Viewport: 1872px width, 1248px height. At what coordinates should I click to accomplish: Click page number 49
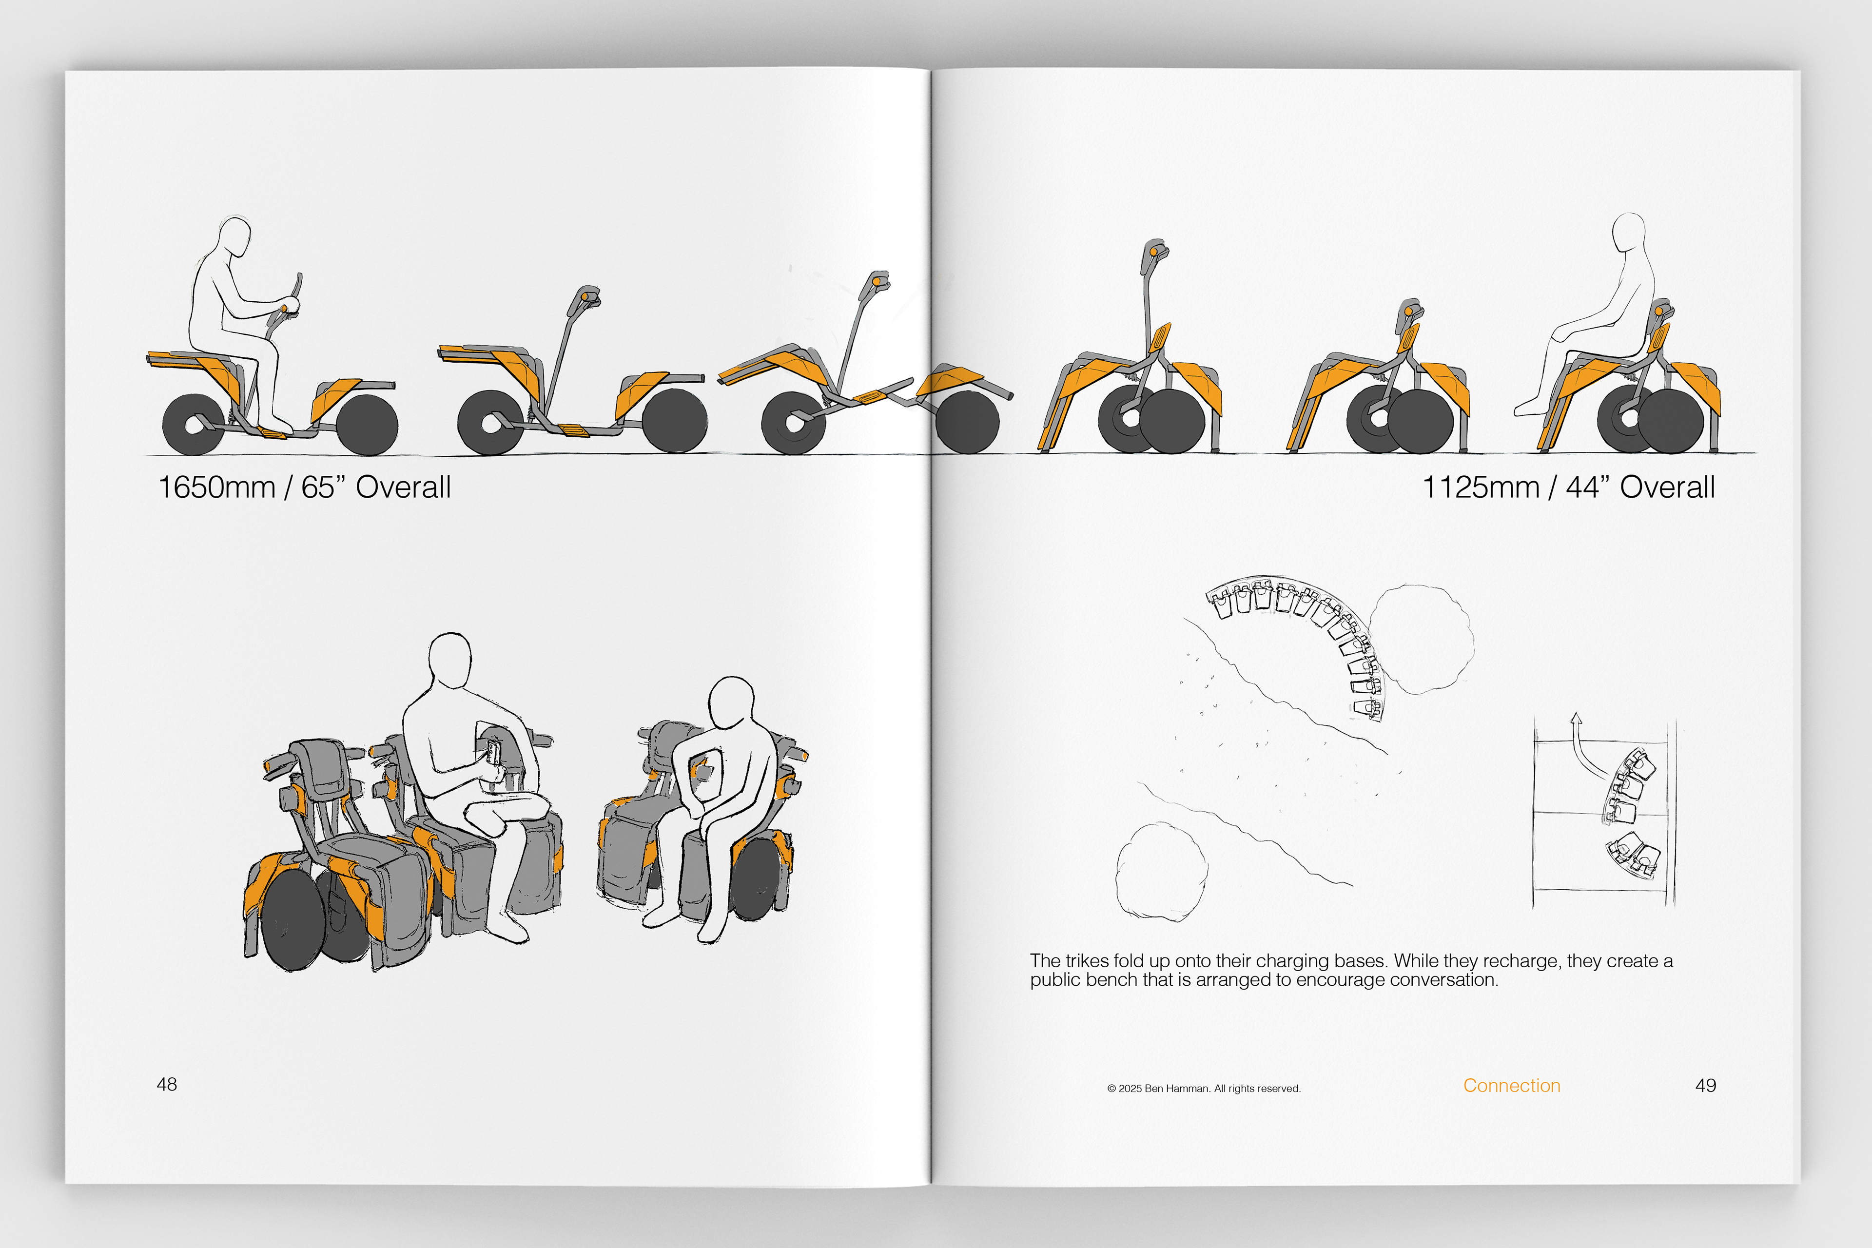(x=1706, y=1086)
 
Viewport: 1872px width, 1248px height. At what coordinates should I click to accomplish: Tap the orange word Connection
(x=1511, y=1086)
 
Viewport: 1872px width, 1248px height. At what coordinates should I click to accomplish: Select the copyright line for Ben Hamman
(x=1204, y=1089)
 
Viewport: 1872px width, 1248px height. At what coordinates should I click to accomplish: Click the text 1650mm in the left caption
(x=216, y=487)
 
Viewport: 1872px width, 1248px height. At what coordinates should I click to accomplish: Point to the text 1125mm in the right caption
(x=1481, y=487)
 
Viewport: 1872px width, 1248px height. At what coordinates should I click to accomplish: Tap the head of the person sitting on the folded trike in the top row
(x=1628, y=233)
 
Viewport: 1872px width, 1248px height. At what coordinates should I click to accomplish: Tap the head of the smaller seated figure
(x=731, y=702)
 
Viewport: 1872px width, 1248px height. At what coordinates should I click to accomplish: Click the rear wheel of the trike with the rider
(x=194, y=424)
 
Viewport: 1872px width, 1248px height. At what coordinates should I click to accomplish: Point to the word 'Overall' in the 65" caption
(x=404, y=487)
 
